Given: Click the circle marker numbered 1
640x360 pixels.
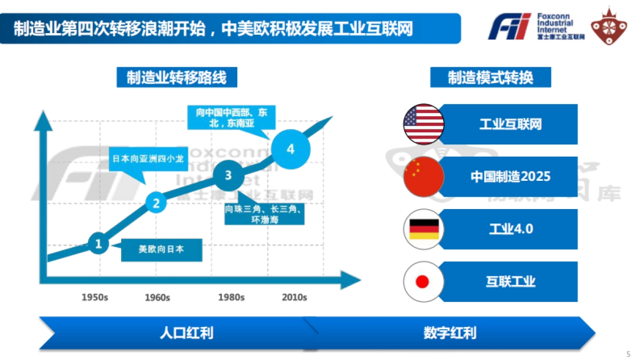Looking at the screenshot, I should [99, 244].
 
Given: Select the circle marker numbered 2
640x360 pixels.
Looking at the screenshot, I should [156, 203].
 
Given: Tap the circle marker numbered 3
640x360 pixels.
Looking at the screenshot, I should [228, 175].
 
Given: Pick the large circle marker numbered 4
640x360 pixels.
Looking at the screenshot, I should [291, 149].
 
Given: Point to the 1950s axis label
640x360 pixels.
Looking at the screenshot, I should [95, 297].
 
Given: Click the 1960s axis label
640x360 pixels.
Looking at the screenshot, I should [157, 297].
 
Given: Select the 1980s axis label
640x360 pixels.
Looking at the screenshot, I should [231, 297].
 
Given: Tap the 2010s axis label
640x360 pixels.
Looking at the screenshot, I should [294, 297].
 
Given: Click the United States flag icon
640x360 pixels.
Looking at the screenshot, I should [424, 124].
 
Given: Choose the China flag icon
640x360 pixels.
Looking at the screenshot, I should [424, 177].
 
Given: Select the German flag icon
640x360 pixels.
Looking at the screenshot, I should [424, 229].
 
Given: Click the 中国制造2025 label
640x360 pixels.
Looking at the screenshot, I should [510, 177].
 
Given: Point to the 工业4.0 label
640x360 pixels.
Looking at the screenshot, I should [511, 229].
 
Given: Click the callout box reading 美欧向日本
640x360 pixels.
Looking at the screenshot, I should [162, 249].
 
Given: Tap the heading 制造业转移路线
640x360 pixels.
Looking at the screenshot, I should [177, 77].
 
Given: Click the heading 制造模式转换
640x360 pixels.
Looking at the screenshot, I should [490, 77].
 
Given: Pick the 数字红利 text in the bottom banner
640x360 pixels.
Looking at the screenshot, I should [450, 333].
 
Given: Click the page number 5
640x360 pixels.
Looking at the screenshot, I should [628, 354].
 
